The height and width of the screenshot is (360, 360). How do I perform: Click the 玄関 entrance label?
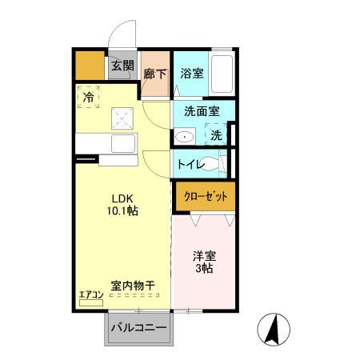[x=122, y=66]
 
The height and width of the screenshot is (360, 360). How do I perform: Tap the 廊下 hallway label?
[x=154, y=74]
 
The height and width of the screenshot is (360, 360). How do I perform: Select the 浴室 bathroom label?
[x=191, y=74]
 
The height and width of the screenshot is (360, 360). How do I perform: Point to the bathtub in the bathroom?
[x=222, y=75]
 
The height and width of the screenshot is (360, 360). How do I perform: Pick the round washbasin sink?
[x=185, y=137]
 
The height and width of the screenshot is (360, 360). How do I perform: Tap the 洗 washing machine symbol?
[x=216, y=135]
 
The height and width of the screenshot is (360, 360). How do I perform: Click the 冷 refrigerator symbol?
[x=88, y=98]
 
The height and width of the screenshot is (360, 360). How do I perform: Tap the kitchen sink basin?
[x=123, y=146]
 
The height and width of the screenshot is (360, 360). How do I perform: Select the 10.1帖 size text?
[x=122, y=211]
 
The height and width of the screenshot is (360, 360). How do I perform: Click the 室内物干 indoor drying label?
[x=132, y=285]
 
